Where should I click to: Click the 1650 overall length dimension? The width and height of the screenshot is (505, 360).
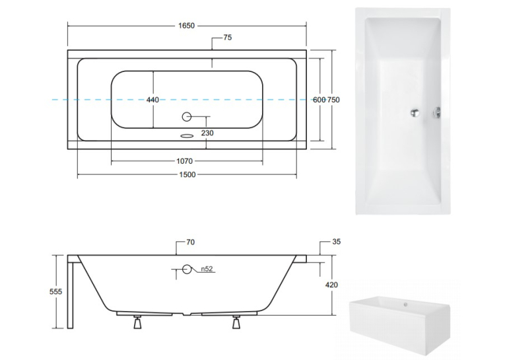pos(186,26)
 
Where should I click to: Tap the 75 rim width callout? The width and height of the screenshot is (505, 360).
pos(227,38)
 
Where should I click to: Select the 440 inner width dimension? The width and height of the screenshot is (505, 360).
pos(152,100)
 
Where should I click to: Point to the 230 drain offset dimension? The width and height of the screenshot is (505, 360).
pos(207,133)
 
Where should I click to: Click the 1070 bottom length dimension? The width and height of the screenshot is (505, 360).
pos(185,161)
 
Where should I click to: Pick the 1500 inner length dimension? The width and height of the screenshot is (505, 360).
pos(187,174)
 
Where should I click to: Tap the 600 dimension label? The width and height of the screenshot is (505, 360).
pos(319,100)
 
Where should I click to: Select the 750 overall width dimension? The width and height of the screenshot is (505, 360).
pos(333,100)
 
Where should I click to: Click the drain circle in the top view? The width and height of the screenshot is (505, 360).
pos(187,117)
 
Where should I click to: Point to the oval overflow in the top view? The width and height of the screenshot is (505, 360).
pos(186,135)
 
